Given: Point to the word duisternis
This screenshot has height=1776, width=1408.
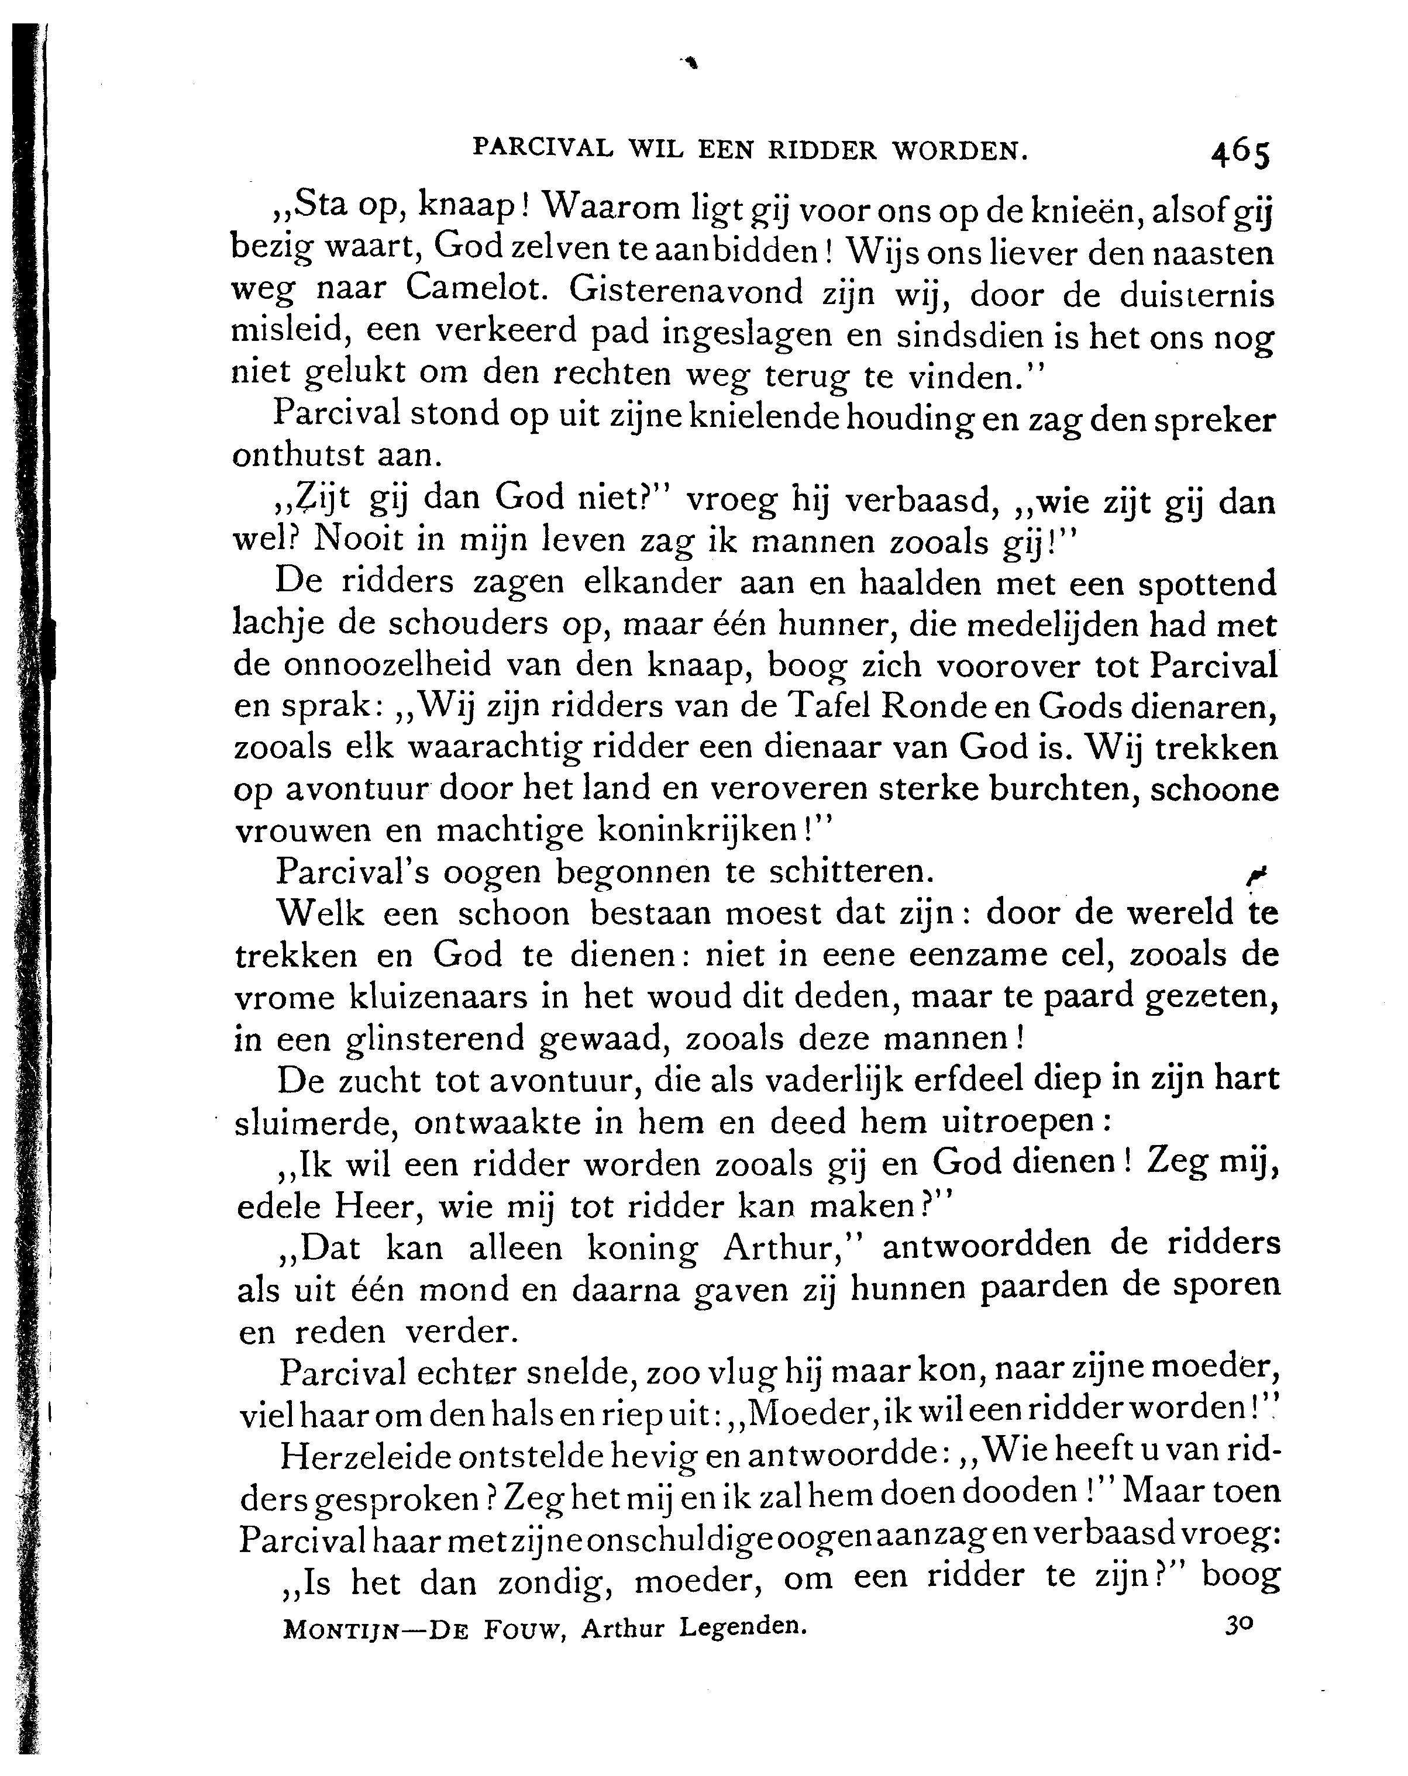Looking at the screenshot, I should click(1196, 295).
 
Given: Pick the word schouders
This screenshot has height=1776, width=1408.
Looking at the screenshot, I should click(469, 623).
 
